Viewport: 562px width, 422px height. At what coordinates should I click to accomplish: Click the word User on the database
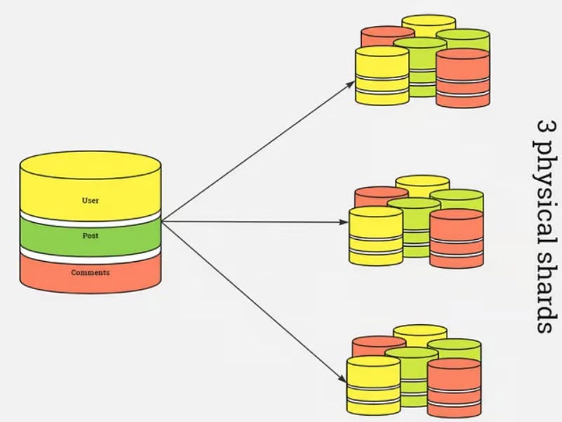pyautogui.click(x=90, y=200)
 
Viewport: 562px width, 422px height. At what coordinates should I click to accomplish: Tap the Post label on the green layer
pyautogui.click(x=90, y=236)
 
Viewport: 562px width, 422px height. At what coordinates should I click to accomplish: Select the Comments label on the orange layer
pyautogui.click(x=90, y=272)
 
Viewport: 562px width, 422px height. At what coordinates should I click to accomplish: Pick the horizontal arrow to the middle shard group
pyautogui.click(x=260, y=222)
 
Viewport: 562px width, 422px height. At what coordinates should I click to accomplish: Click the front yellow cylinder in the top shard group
pyautogui.click(x=381, y=77)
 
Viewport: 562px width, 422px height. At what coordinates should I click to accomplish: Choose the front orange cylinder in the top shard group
pyautogui.click(x=462, y=79)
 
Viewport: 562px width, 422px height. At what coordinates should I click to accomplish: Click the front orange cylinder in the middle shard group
pyautogui.click(x=457, y=239)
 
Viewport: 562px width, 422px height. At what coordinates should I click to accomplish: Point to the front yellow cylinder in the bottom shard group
pyautogui.click(x=373, y=385)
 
